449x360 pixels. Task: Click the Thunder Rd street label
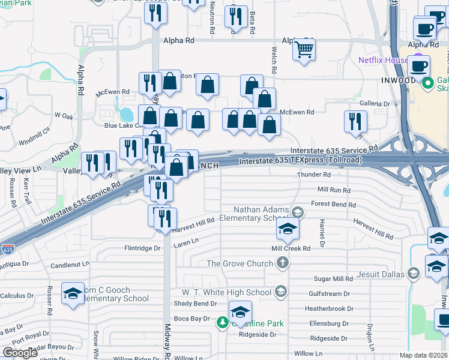coord(314,175)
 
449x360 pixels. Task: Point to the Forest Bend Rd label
coord(333,205)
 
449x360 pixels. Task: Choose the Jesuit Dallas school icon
coord(413,274)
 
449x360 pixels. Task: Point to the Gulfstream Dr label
coord(329,294)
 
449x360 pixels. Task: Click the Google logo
coord(20,352)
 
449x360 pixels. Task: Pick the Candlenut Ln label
coord(70,264)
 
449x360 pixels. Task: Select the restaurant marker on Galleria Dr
coord(355,121)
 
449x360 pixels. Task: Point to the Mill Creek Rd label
coord(291,248)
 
